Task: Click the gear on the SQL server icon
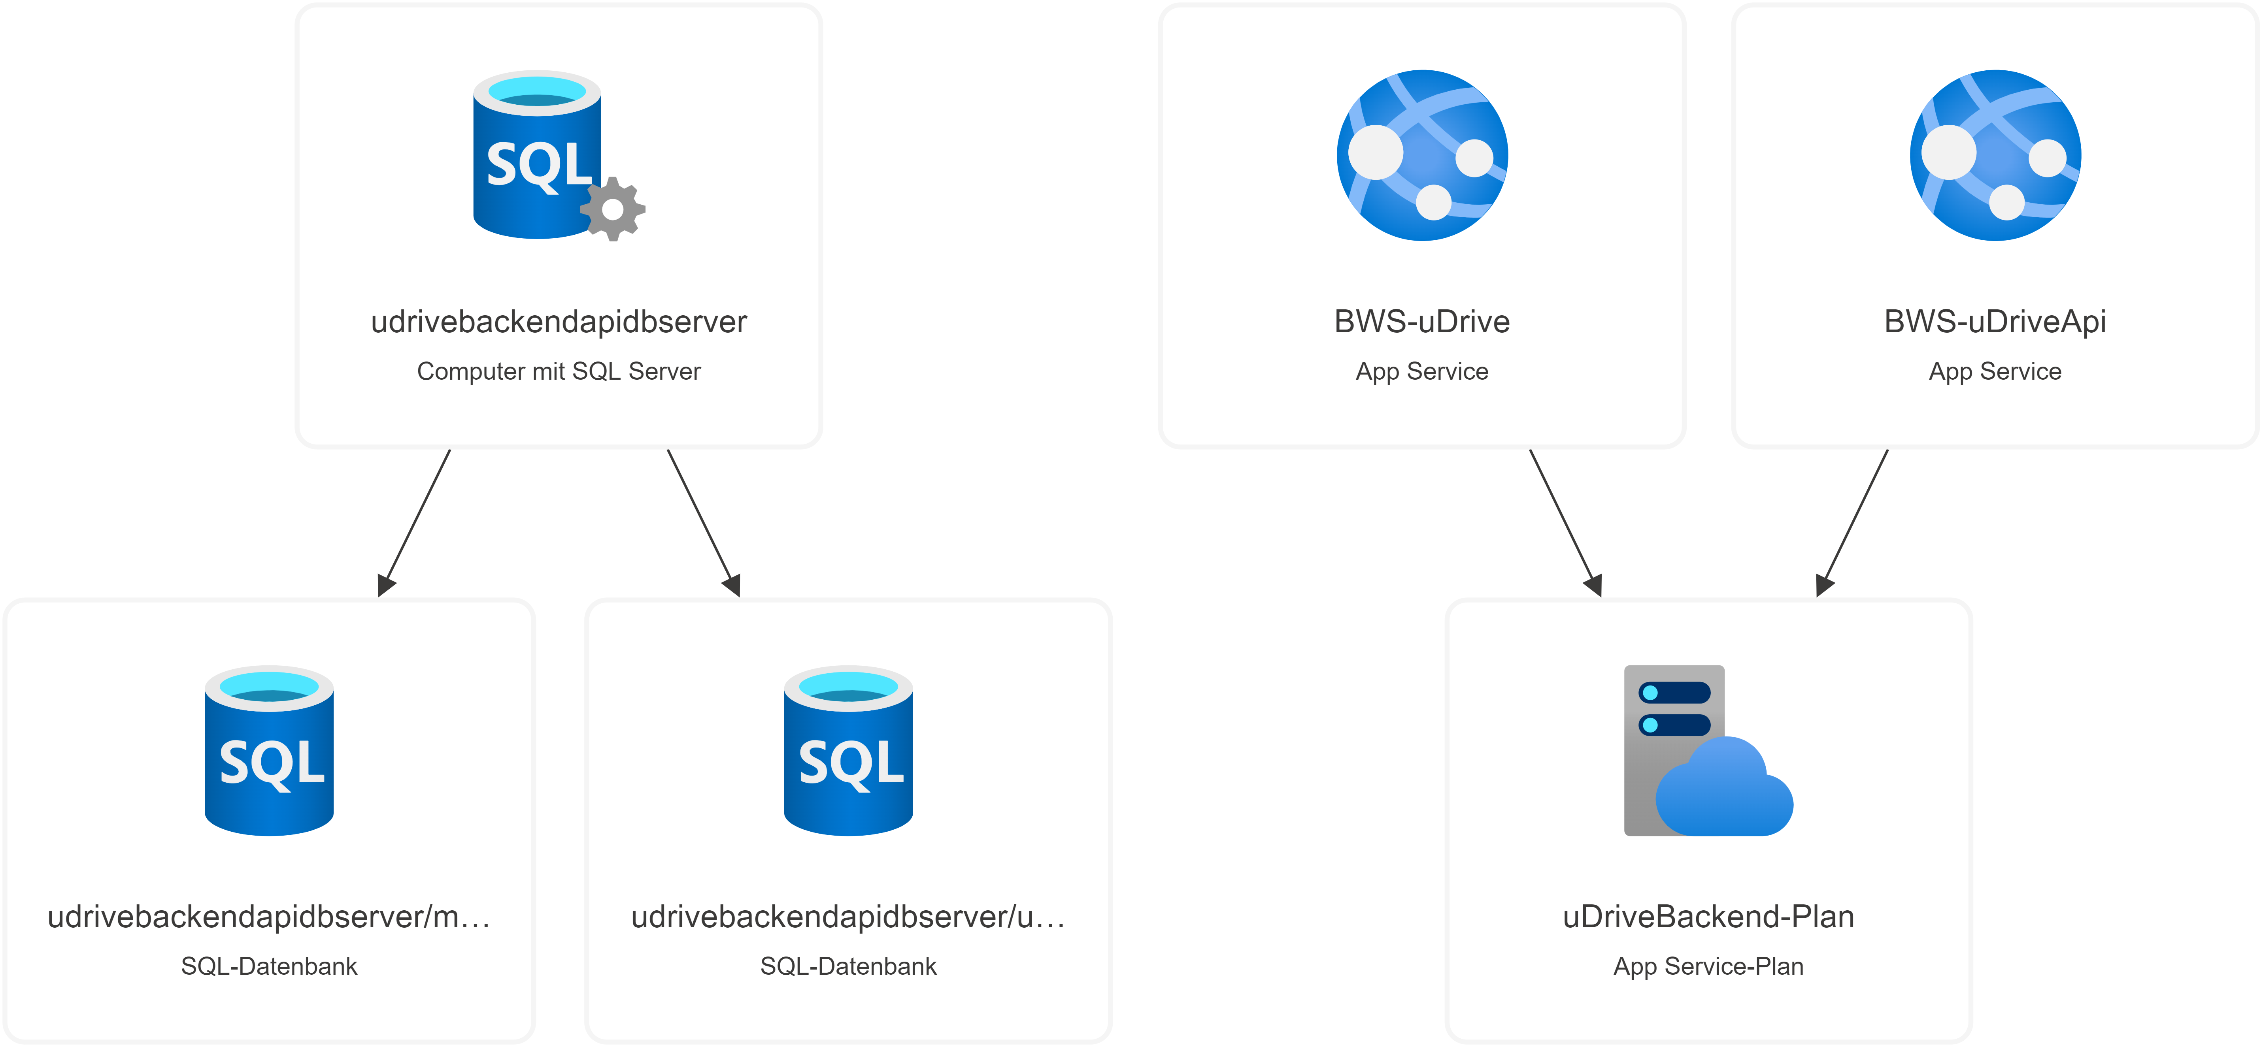[613, 209]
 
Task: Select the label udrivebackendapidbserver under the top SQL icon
[559, 322]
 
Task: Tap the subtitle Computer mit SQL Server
[559, 371]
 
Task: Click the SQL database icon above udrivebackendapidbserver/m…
[269, 751]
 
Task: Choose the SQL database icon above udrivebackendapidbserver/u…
[848, 751]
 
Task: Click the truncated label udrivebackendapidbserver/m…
[269, 916]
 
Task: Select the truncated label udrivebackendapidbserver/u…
[848, 916]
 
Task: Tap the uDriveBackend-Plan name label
[1708, 916]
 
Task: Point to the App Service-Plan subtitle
[1708, 966]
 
